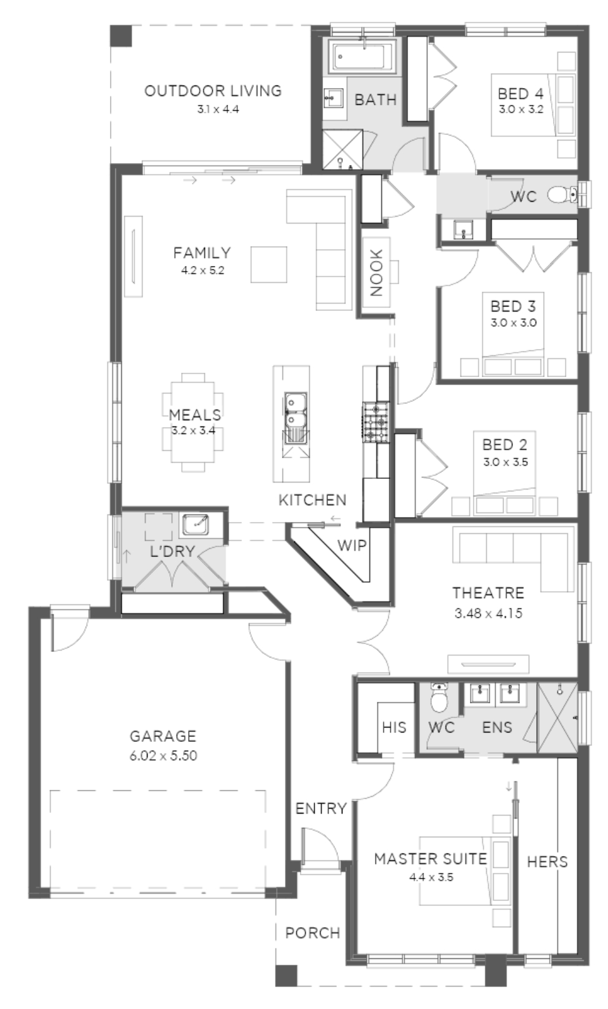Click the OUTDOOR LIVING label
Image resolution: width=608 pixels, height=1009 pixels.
tap(212, 91)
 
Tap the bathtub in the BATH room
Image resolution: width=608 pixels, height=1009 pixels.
tap(362, 56)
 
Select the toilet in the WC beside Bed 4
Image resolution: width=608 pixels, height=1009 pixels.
tap(562, 195)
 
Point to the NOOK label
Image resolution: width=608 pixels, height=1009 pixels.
tap(376, 272)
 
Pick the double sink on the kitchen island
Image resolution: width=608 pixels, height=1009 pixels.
tap(295, 410)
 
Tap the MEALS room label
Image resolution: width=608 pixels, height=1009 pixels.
tap(195, 415)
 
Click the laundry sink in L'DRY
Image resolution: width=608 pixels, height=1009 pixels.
tap(195, 524)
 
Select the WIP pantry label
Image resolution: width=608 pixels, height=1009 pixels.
tap(352, 546)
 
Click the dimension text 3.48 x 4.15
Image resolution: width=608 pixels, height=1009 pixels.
tap(488, 613)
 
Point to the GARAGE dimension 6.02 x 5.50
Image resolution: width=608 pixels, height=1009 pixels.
tap(163, 756)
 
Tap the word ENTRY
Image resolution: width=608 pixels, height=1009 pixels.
tap(321, 809)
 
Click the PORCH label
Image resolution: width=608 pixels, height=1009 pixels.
tap(312, 933)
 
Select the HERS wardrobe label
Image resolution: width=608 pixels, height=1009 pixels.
tap(547, 862)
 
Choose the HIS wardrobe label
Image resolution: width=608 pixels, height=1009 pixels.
tap(394, 727)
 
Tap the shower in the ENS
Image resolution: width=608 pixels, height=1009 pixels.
tap(557, 717)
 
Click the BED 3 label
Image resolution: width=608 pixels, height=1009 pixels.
tap(513, 307)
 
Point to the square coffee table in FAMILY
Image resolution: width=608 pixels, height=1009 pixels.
tap(269, 264)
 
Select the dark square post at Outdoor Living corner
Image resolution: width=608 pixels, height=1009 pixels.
tap(121, 36)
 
